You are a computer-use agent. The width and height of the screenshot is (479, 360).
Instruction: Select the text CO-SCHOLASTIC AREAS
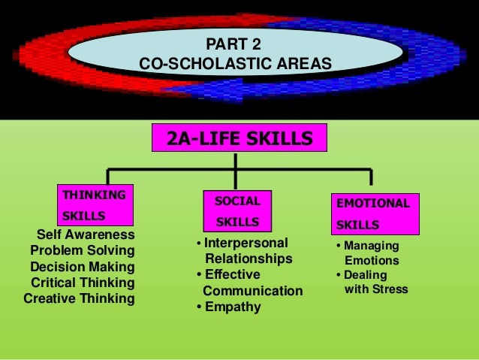pyautogui.click(x=235, y=65)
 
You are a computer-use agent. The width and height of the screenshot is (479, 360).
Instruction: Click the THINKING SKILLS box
pyautogui.click(x=95, y=205)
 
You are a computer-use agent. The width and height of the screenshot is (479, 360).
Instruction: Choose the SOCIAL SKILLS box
pyautogui.click(x=237, y=211)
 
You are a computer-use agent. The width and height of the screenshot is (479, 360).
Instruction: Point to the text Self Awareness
pyautogui.click(x=86, y=234)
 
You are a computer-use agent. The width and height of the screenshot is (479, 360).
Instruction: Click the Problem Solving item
pyautogui.click(x=83, y=250)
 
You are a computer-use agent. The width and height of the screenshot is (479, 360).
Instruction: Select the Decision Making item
pyautogui.click(x=83, y=267)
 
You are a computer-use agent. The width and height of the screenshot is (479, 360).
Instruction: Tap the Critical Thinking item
pyautogui.click(x=83, y=283)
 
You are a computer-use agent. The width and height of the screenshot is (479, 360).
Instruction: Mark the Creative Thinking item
pyautogui.click(x=80, y=298)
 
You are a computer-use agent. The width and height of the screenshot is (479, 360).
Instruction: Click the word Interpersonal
pyautogui.click(x=246, y=243)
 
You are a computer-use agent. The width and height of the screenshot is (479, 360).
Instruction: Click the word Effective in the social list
pyautogui.click(x=232, y=274)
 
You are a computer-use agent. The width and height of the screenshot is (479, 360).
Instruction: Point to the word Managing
pyautogui.click(x=372, y=246)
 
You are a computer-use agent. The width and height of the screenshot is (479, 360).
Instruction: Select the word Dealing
pyautogui.click(x=369, y=274)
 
